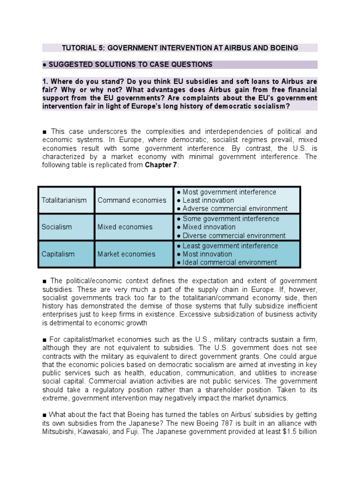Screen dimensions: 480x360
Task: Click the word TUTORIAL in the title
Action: pos(80,48)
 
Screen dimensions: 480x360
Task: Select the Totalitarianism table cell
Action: pos(64,200)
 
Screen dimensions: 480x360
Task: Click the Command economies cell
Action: pos(132,200)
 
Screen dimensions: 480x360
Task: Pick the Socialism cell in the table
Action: pos(57,227)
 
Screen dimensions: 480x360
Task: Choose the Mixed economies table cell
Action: pos(125,227)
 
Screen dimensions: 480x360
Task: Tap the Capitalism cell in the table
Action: pos(58,254)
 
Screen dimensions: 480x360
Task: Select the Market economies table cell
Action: pos(126,254)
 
